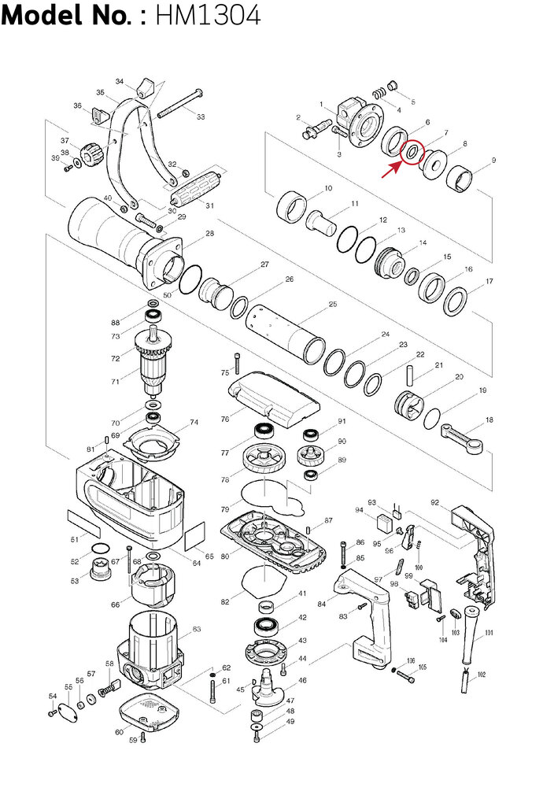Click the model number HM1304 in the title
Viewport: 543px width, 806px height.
tap(208, 16)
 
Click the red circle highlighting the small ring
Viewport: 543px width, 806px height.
tap(412, 151)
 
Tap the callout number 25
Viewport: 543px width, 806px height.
tap(333, 304)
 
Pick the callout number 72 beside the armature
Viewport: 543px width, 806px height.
tap(115, 358)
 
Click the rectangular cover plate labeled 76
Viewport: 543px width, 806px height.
tap(272, 398)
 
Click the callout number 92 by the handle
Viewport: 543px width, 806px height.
tap(434, 501)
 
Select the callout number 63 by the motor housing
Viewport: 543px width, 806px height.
tap(197, 629)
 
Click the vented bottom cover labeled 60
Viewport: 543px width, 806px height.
tap(150, 712)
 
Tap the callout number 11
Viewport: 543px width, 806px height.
tap(355, 204)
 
